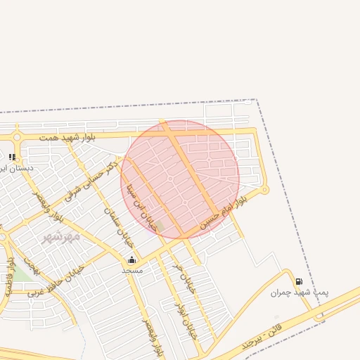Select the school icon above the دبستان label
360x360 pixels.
tap(12, 157)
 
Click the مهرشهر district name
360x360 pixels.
tap(61, 237)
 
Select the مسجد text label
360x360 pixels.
tap(132, 270)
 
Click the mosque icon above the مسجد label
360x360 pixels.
tap(131, 259)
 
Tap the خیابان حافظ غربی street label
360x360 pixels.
tap(56, 281)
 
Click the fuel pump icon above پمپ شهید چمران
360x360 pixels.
tap(299, 281)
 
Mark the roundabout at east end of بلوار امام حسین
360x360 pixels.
tap(264, 189)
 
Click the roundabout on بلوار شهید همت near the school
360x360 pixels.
tap(15, 136)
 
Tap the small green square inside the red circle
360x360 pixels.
tap(160, 226)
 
